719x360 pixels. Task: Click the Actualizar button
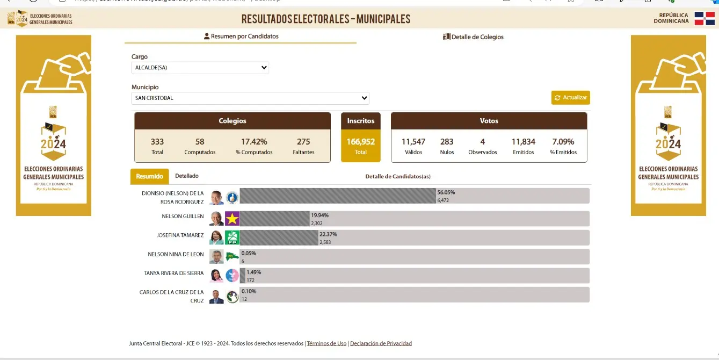tap(570, 98)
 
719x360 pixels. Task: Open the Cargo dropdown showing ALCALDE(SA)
tap(200, 68)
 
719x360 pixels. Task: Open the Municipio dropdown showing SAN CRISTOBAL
tap(250, 98)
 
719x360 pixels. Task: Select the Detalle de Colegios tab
tap(473, 37)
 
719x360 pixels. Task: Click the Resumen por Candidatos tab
tap(241, 37)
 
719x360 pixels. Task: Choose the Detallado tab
tap(187, 176)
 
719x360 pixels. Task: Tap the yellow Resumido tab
tap(149, 176)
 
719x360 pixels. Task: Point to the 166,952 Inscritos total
tap(361, 142)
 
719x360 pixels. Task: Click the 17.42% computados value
tap(254, 142)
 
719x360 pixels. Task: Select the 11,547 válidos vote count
tap(413, 142)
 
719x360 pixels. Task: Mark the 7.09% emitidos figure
tap(563, 142)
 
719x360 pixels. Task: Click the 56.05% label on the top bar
tap(446, 192)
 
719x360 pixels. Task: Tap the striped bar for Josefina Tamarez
tap(279, 238)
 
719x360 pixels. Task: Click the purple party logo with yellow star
tap(232, 219)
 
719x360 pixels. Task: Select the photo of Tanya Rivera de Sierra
tap(216, 276)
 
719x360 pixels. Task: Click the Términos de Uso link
tap(326, 343)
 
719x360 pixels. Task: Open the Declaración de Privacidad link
tap(381, 343)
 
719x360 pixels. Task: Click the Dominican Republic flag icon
tap(704, 18)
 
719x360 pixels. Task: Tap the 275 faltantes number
tap(303, 142)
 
